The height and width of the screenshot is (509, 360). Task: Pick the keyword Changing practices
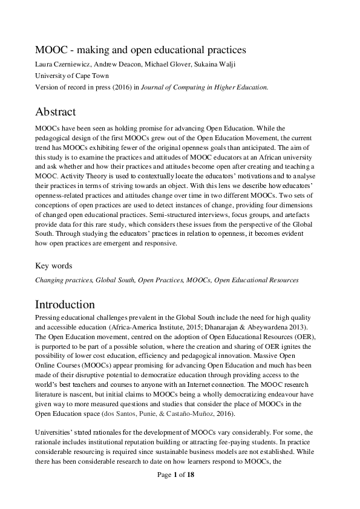[64, 280]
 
